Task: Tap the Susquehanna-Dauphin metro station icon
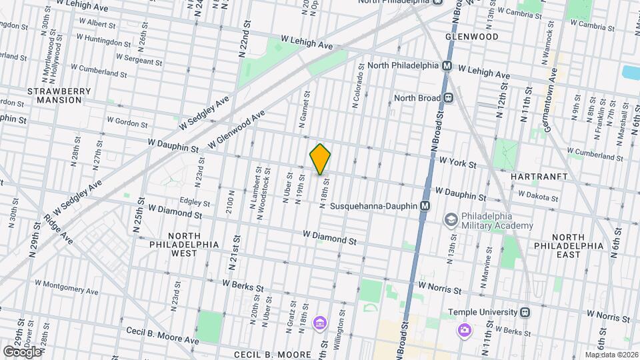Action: (x=425, y=207)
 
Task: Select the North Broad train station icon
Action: (x=449, y=98)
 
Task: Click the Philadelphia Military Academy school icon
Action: (x=451, y=219)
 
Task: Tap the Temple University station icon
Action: (x=526, y=311)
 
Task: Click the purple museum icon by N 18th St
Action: (x=320, y=324)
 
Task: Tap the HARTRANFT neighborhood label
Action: (x=539, y=177)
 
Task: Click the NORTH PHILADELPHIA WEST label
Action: (x=183, y=245)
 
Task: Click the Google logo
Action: (x=22, y=351)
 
